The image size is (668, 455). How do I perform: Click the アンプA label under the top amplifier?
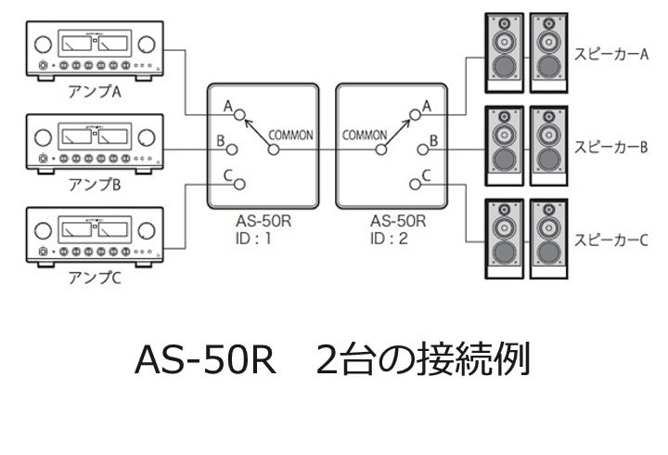96,93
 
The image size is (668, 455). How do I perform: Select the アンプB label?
96,185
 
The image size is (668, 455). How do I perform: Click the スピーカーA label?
610,55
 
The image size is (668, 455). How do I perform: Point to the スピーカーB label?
610,147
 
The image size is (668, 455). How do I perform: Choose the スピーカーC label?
610,239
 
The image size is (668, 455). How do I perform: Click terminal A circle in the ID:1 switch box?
240,115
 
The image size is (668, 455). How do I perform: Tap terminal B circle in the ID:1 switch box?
233,149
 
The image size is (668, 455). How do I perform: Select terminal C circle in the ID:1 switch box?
240,183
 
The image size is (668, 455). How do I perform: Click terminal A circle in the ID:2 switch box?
414,115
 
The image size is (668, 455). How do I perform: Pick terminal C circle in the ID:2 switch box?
414,183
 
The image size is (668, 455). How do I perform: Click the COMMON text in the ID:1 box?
290,135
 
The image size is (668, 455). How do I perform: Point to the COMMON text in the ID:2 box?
364,135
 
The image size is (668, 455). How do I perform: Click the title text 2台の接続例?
422,359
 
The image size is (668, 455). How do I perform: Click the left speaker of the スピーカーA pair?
504,52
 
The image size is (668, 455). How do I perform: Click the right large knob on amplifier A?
147,45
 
